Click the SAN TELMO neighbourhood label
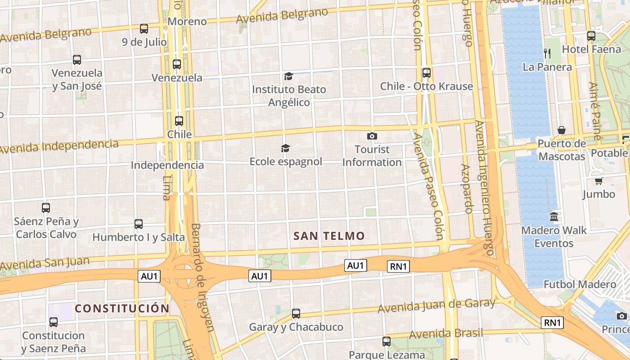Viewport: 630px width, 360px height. click(x=329, y=236)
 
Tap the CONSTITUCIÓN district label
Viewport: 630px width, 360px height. click(x=122, y=308)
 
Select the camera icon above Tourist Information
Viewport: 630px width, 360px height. click(x=372, y=136)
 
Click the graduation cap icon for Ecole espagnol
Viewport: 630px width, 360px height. click(x=285, y=148)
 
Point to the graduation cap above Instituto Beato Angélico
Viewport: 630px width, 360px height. click(x=288, y=76)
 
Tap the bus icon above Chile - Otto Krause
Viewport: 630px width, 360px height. click(x=426, y=72)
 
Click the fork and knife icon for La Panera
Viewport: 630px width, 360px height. click(x=547, y=53)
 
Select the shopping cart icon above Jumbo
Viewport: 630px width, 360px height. click(x=598, y=181)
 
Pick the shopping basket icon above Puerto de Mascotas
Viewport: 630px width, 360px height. click(x=562, y=130)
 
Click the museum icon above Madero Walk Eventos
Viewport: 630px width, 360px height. click(x=554, y=216)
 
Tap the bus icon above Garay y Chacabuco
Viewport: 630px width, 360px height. click(x=296, y=313)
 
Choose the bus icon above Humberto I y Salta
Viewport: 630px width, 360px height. click(x=139, y=224)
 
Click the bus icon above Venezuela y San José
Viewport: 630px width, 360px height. click(x=77, y=59)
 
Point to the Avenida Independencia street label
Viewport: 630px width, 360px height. click(x=59, y=147)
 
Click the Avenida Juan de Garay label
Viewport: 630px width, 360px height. click(x=436, y=306)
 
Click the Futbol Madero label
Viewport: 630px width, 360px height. click(x=580, y=284)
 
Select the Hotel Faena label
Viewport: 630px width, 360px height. click(x=591, y=49)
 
